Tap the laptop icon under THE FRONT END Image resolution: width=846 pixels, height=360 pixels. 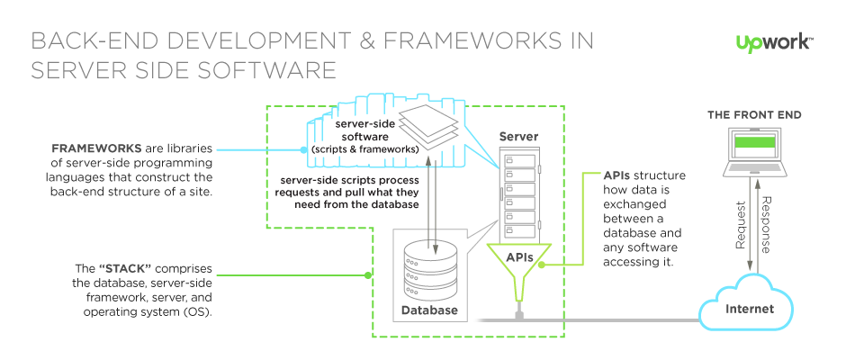click(x=753, y=152)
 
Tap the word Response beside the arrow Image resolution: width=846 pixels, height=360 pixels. click(x=767, y=224)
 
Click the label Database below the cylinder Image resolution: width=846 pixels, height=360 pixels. click(x=429, y=310)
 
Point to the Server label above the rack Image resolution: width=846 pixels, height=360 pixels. click(x=519, y=137)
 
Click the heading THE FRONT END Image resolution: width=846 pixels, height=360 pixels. click(x=753, y=115)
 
